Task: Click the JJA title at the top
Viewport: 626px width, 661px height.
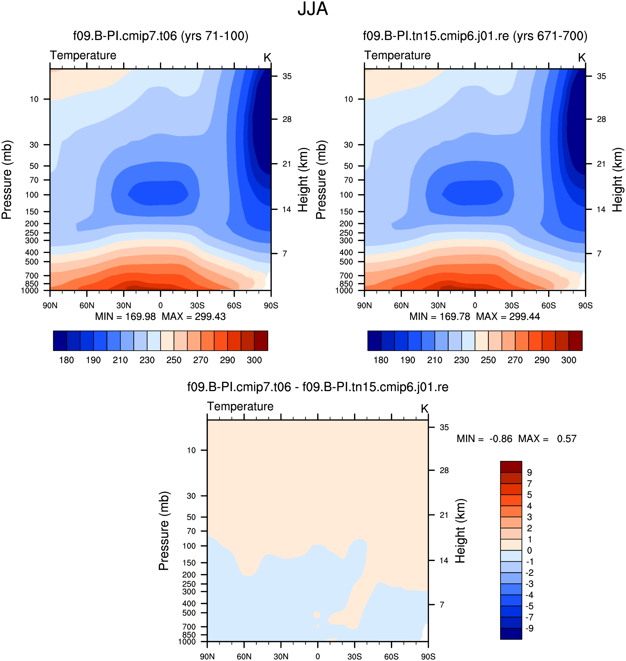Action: tap(313, 9)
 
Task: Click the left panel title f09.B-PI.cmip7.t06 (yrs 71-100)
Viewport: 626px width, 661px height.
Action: tap(161, 36)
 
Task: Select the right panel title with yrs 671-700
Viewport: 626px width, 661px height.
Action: tap(475, 36)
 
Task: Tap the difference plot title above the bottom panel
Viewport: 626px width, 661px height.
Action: tap(318, 387)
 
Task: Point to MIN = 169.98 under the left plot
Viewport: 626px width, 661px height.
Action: tap(126, 316)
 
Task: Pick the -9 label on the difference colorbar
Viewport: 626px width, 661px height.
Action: tap(530, 628)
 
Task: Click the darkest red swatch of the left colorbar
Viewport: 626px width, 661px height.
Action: tap(261, 341)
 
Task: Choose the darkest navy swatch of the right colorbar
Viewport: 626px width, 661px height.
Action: tap(374, 341)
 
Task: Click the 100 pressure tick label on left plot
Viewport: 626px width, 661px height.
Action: tap(32, 195)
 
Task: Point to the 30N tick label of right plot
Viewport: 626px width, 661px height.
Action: tap(438, 305)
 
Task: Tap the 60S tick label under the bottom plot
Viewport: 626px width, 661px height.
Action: tap(391, 657)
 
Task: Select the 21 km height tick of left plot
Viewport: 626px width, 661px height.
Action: tap(287, 164)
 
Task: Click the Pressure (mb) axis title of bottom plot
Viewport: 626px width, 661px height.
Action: tap(164, 531)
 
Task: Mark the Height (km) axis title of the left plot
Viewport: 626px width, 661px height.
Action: tap(303, 180)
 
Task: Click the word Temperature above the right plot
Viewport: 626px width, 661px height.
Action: tap(398, 55)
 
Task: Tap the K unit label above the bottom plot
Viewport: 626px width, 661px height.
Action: tap(424, 409)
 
